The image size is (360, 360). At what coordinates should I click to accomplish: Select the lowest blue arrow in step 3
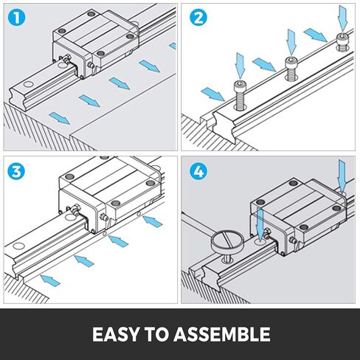click(x=50, y=278)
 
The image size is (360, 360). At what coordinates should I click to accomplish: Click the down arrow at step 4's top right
click(x=341, y=174)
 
